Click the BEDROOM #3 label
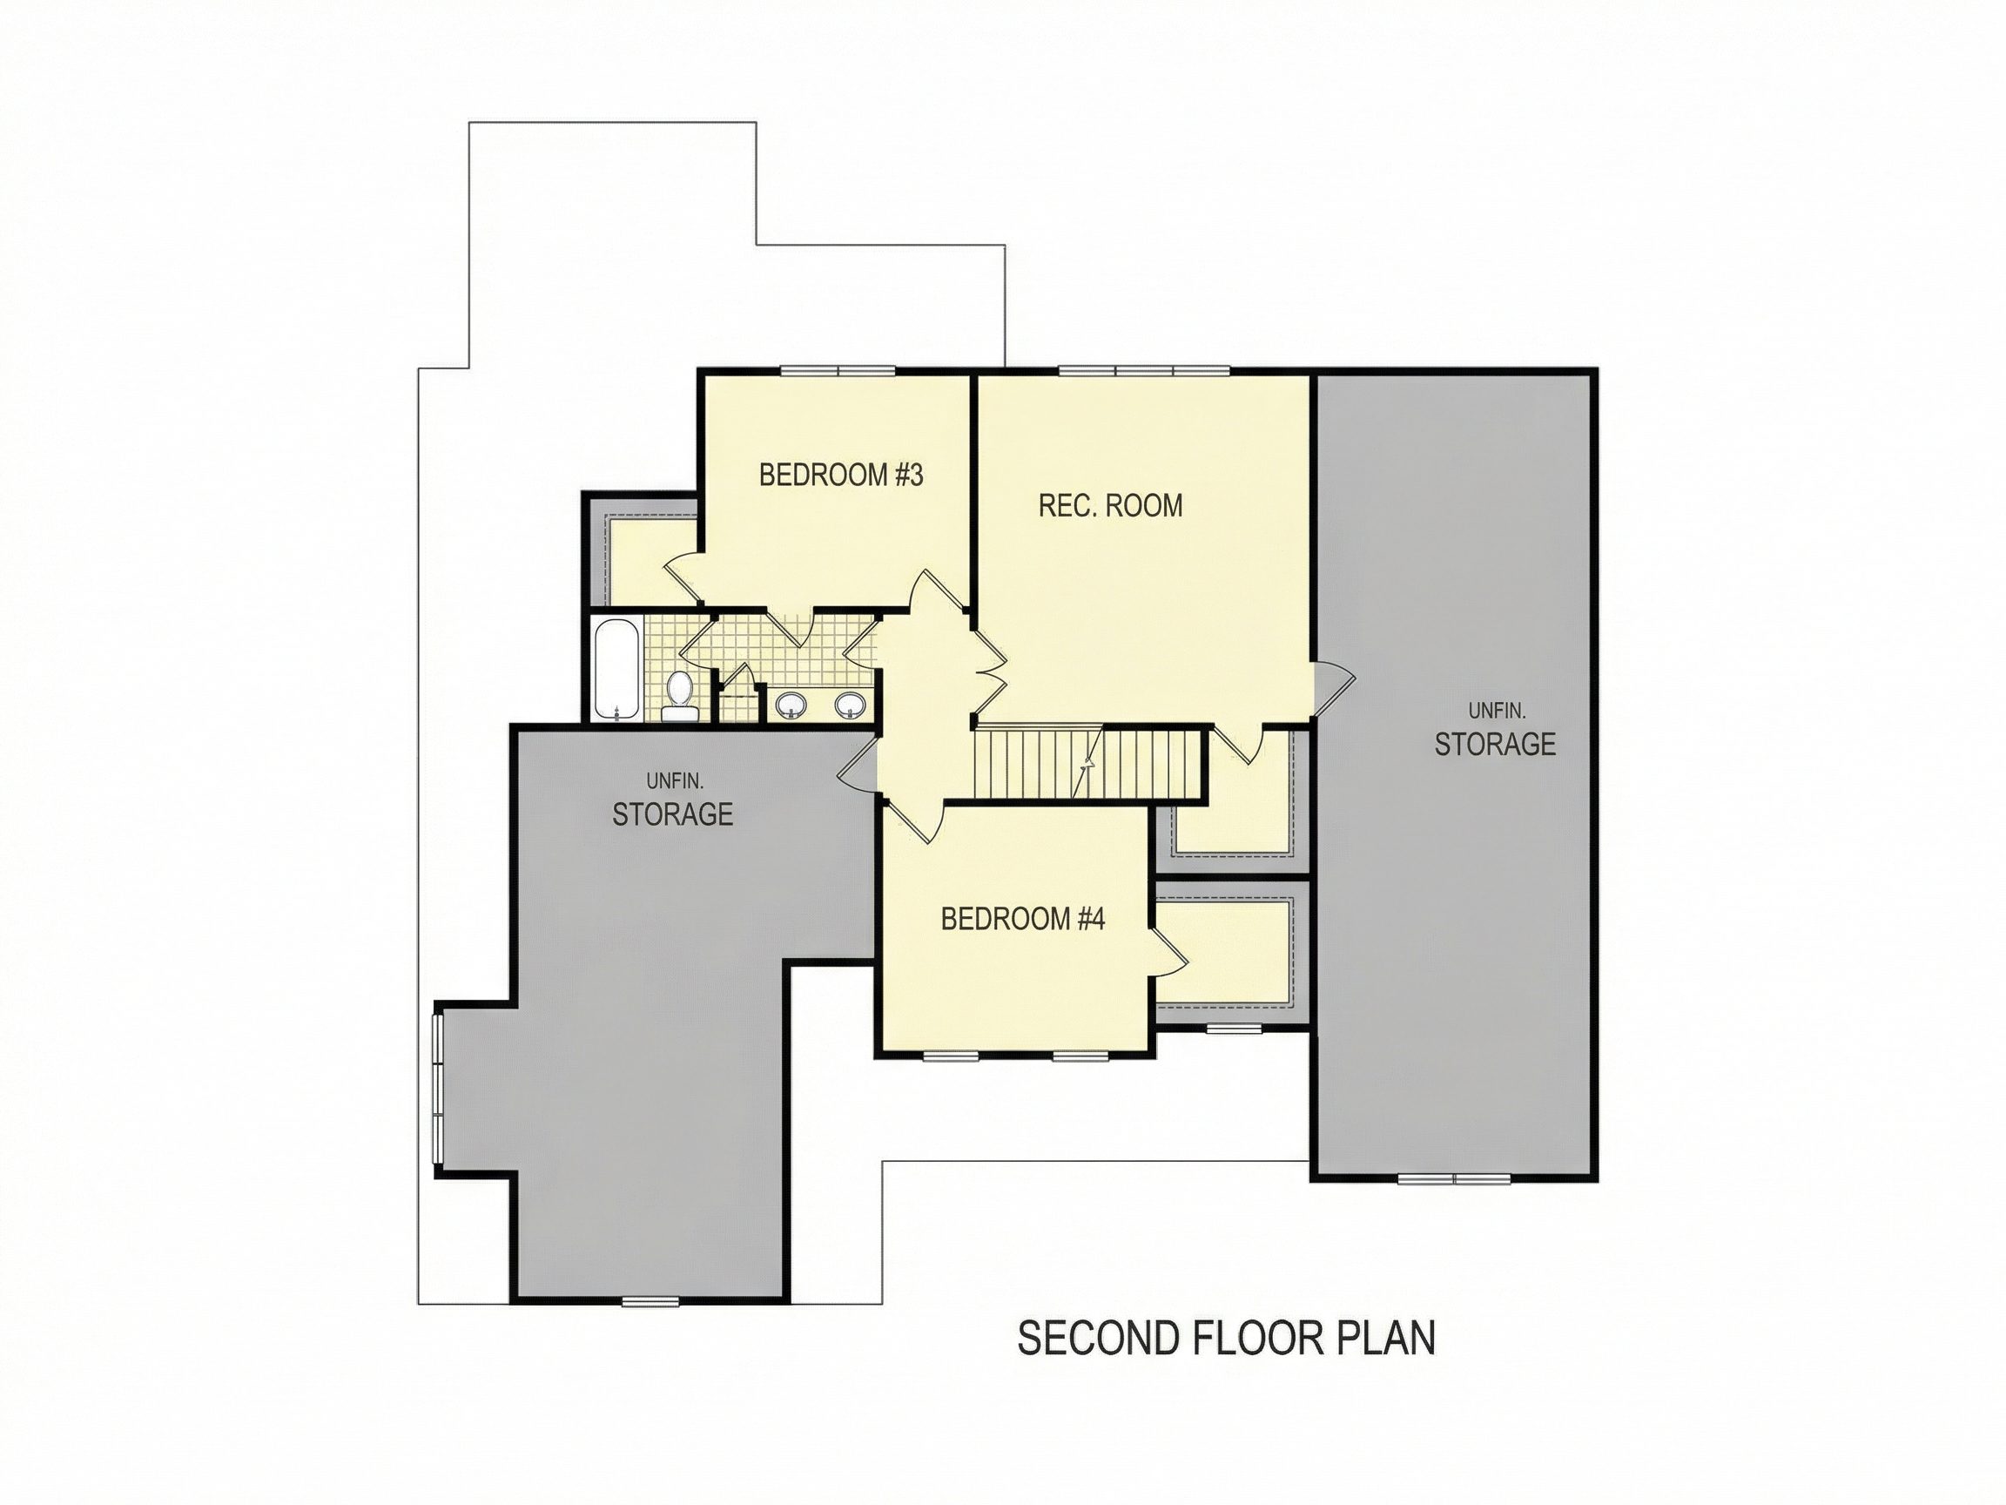click(x=841, y=475)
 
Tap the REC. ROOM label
click(x=1110, y=505)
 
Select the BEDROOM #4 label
click(x=1023, y=919)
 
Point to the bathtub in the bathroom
click(x=616, y=670)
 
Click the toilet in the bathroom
click(x=678, y=697)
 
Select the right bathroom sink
click(x=850, y=704)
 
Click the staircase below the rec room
click(x=1087, y=765)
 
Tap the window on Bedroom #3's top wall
click(x=838, y=370)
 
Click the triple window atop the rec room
click(x=1143, y=370)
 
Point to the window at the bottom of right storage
click(x=1454, y=1178)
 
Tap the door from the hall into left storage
click(x=858, y=767)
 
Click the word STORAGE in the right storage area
click(x=1495, y=744)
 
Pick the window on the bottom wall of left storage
click(x=650, y=1302)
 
